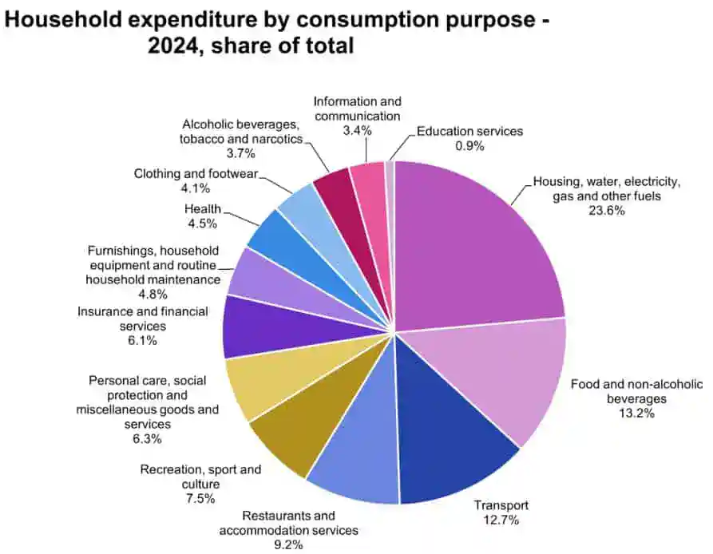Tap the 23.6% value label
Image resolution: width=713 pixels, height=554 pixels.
pos(607,211)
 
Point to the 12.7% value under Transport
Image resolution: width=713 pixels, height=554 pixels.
pos(501,520)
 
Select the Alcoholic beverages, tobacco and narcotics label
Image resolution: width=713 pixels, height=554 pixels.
pos(240,132)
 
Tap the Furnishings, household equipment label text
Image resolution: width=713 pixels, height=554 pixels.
pos(152,265)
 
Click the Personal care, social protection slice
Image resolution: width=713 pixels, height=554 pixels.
pos(263,383)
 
